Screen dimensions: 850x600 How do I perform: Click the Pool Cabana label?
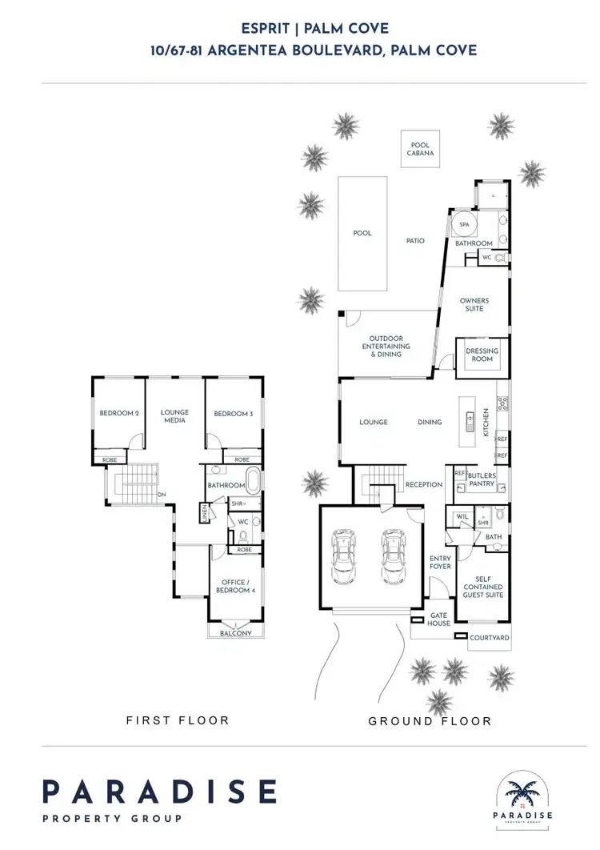(419, 149)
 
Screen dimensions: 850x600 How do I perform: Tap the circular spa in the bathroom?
(464, 224)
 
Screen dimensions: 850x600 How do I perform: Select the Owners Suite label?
(474, 305)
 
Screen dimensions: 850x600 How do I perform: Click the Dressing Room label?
(482, 355)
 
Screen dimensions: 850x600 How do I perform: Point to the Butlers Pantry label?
(482, 480)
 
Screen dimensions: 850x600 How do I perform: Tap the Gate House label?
(439, 619)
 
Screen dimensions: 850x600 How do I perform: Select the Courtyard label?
(490, 638)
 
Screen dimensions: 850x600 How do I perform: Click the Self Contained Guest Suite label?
(483, 587)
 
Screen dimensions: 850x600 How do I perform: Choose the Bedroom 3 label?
(233, 414)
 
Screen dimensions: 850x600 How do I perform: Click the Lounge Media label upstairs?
(175, 416)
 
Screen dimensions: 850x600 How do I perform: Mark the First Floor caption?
(178, 720)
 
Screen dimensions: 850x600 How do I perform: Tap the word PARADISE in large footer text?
(159, 792)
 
